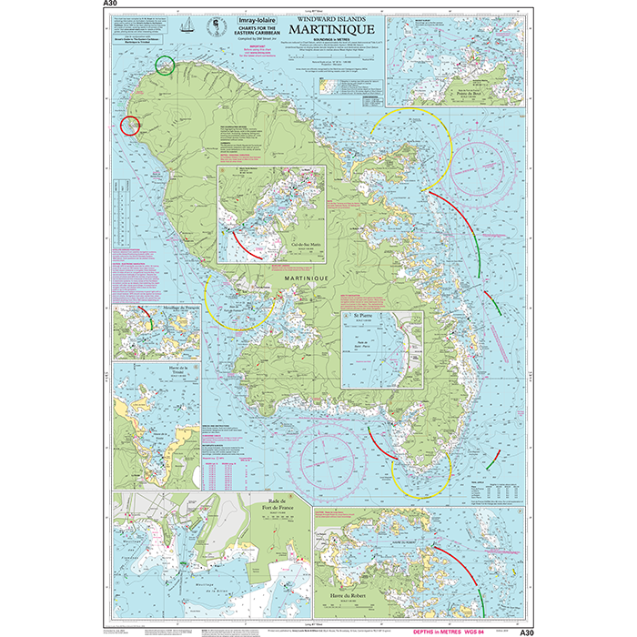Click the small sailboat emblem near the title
(188, 25)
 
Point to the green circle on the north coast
(165, 65)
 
